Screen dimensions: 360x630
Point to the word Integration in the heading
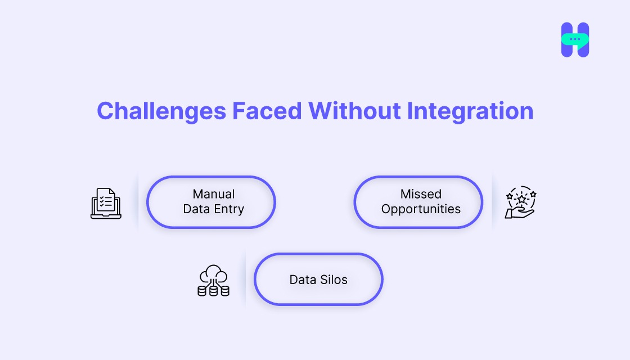pyautogui.click(x=470, y=111)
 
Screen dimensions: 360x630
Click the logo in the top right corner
pyautogui.click(x=575, y=40)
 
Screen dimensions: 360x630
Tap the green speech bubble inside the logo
pyautogui.click(x=575, y=39)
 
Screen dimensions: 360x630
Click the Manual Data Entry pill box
pyautogui.click(x=211, y=202)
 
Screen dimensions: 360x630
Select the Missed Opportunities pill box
pyautogui.click(x=418, y=202)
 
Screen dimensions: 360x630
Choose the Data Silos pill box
pyautogui.click(x=318, y=279)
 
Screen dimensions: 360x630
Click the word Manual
pyautogui.click(x=213, y=194)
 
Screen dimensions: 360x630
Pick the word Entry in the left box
pyautogui.click(x=229, y=209)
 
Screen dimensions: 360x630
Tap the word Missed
pyautogui.click(x=421, y=194)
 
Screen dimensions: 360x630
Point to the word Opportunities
pyautogui.click(x=421, y=209)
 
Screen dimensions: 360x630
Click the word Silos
pyautogui.click(x=334, y=280)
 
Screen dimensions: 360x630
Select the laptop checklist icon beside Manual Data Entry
pyautogui.click(x=106, y=203)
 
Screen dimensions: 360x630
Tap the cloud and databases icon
pyautogui.click(x=213, y=281)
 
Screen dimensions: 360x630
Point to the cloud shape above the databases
pyautogui.click(x=213, y=274)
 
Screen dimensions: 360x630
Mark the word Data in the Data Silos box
pyautogui.click(x=302, y=280)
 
